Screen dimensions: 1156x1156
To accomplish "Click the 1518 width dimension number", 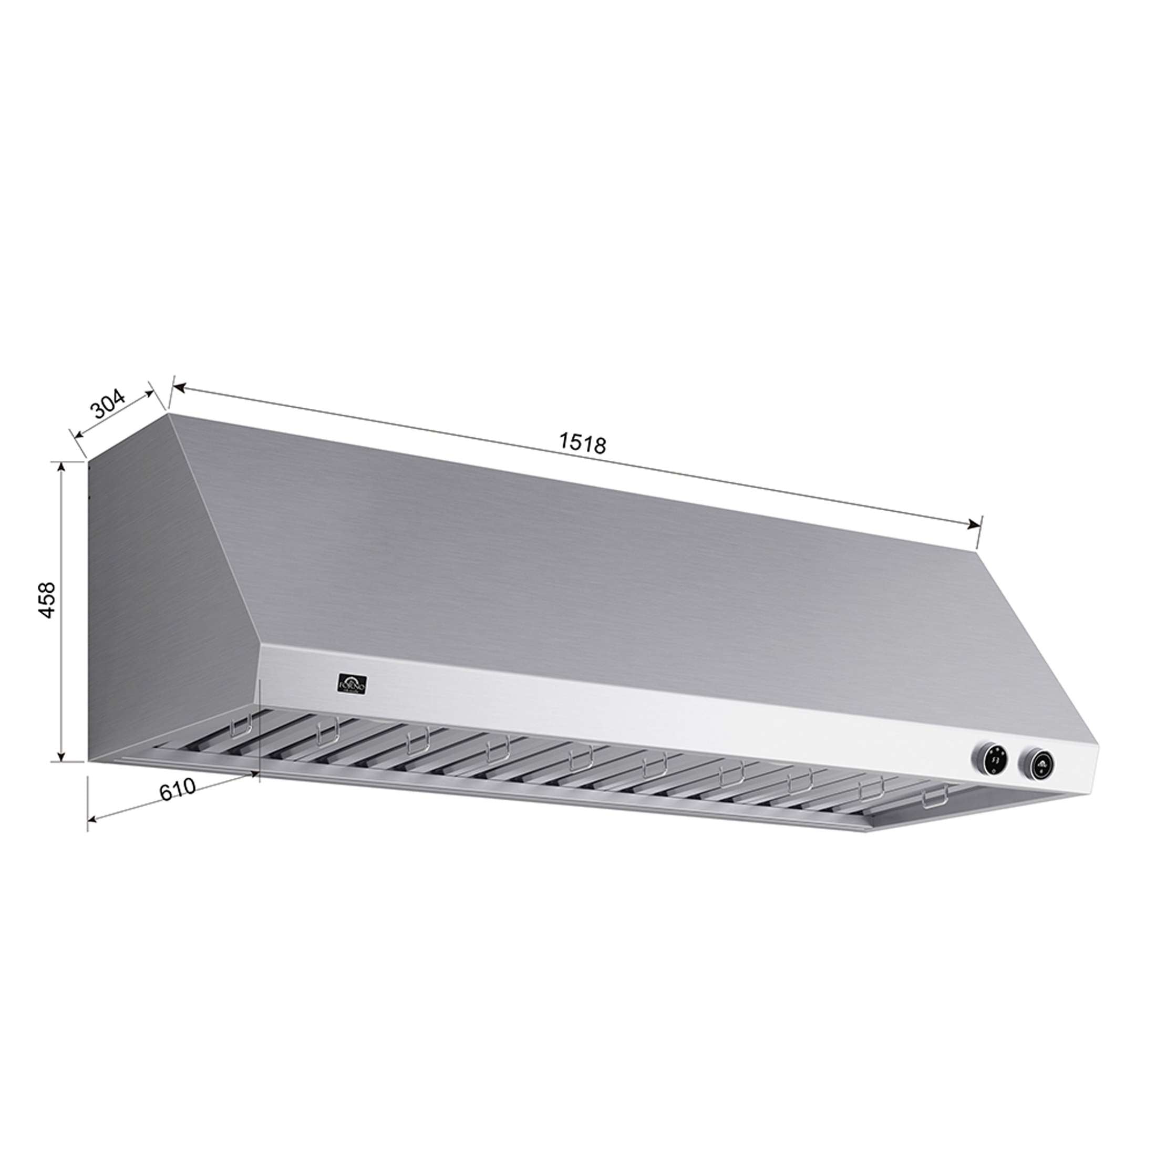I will tap(583, 445).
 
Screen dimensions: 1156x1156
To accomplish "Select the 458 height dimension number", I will tap(47, 600).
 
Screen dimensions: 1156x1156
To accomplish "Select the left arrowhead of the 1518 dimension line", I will tap(177, 388).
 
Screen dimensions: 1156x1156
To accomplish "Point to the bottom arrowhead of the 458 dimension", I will tap(61, 758).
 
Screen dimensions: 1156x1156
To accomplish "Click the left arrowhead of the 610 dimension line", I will tap(92, 819).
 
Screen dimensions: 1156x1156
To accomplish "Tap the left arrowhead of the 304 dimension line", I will tap(75, 434).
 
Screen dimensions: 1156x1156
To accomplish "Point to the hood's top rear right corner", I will tap(978, 552).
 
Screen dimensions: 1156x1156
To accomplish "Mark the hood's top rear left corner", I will tap(169, 412).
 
